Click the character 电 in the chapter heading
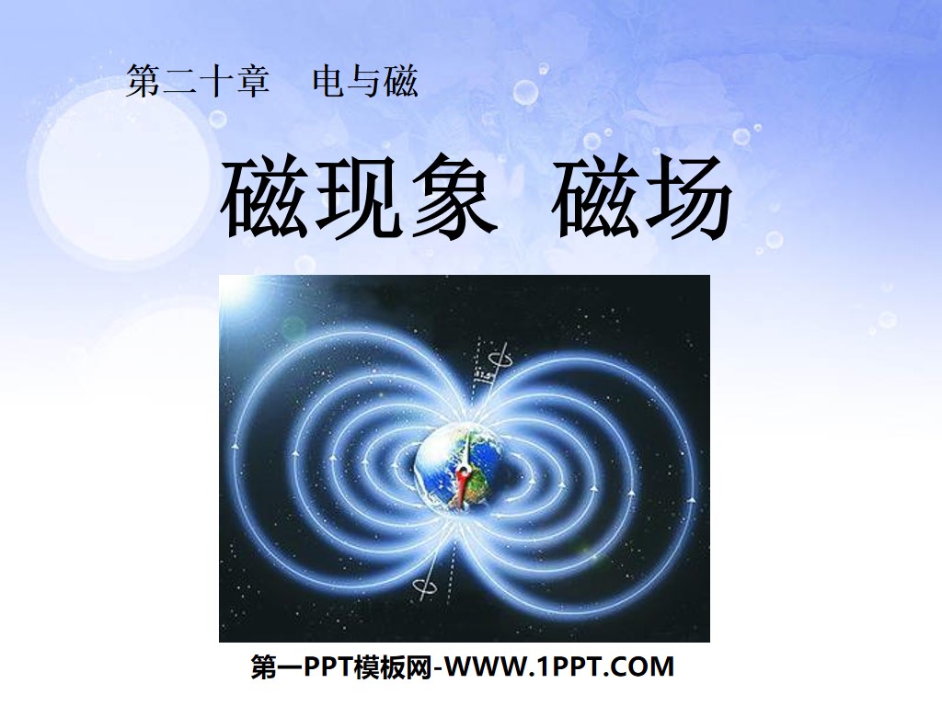pyautogui.click(x=329, y=82)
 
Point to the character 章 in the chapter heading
pyautogui.click(x=252, y=82)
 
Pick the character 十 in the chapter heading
pyautogui.click(x=216, y=82)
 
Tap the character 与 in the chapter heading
pyautogui.click(x=364, y=82)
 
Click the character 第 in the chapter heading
pyautogui.click(x=144, y=82)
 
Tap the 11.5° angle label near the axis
pyautogui.click(x=480, y=376)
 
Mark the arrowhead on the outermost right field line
pyautogui.click(x=691, y=498)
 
